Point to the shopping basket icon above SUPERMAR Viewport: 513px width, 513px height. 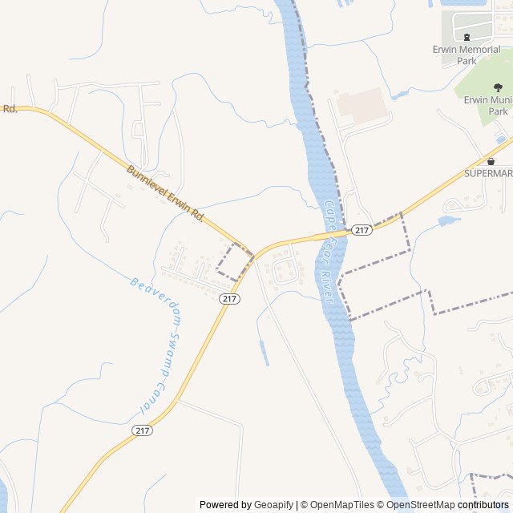[x=490, y=161]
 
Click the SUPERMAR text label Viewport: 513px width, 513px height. [x=488, y=173]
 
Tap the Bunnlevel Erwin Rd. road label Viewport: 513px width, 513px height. [x=166, y=195]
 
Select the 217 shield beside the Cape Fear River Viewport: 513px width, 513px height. [x=362, y=230]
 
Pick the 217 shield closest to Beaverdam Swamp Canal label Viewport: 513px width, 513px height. [x=229, y=298]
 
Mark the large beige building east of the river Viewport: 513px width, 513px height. [x=363, y=107]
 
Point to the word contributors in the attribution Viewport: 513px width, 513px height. [x=483, y=505]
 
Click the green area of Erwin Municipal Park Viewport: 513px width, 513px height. [x=481, y=104]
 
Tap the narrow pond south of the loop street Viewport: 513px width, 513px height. [x=264, y=353]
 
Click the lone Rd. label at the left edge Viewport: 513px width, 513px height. [x=10, y=108]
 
